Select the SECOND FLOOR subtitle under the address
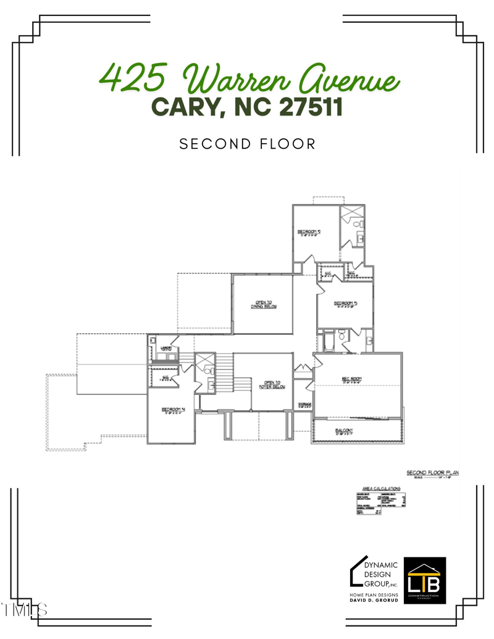click(x=247, y=144)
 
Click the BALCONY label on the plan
click(x=344, y=431)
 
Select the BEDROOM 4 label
click(x=170, y=409)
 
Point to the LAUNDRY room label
click(x=165, y=349)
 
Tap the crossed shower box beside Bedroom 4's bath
click(x=204, y=361)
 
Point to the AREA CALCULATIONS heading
click(x=381, y=488)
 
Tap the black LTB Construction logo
click(x=424, y=578)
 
